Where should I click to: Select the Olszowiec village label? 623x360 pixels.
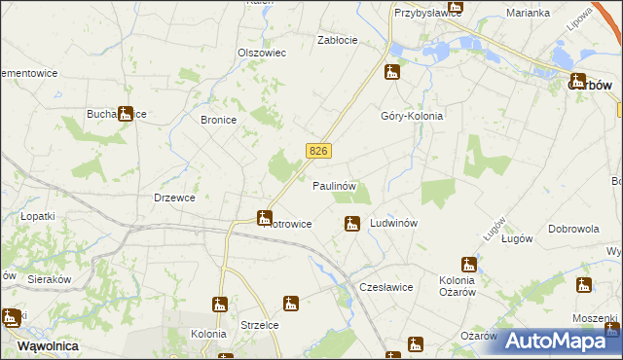[262, 53]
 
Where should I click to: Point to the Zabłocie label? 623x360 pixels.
[338, 40]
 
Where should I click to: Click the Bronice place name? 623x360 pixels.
[218, 121]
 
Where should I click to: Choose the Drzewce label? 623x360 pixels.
[174, 198]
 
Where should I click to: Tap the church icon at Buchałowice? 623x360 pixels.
[125, 114]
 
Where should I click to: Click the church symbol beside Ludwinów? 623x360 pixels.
[351, 225]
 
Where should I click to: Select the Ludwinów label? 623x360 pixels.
[394, 223]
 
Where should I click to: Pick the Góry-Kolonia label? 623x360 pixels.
[411, 115]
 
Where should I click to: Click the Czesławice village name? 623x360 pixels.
[386, 287]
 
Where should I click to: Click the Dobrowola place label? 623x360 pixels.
[572, 229]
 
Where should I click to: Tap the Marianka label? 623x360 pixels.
[529, 13]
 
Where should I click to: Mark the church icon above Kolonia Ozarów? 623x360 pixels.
[469, 264]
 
